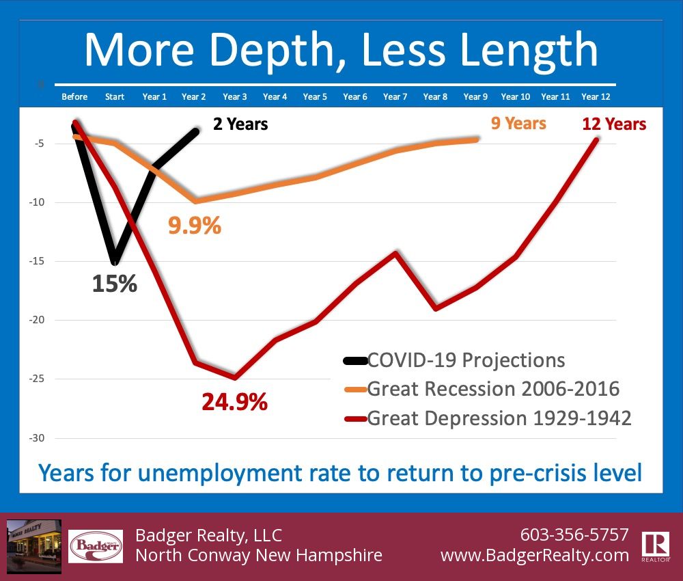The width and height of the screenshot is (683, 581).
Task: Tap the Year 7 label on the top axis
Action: tap(395, 96)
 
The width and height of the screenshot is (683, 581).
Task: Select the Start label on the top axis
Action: tap(115, 96)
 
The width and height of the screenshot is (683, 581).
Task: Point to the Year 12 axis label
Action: tap(596, 96)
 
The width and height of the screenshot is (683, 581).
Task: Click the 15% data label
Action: tap(115, 284)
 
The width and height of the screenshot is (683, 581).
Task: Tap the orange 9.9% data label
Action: tap(195, 226)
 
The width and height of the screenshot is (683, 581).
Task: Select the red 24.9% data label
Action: tap(234, 402)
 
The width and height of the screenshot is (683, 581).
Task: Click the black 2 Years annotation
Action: tap(240, 124)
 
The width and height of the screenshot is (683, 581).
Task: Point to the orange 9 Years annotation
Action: tap(518, 123)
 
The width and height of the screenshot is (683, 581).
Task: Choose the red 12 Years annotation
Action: tap(614, 124)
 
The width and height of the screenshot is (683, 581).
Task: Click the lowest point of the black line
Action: tap(115, 262)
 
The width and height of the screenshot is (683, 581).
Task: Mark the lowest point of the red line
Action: tap(234, 377)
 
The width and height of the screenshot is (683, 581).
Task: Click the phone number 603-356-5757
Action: tap(574, 534)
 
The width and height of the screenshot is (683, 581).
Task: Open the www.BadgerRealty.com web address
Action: tap(535, 555)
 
